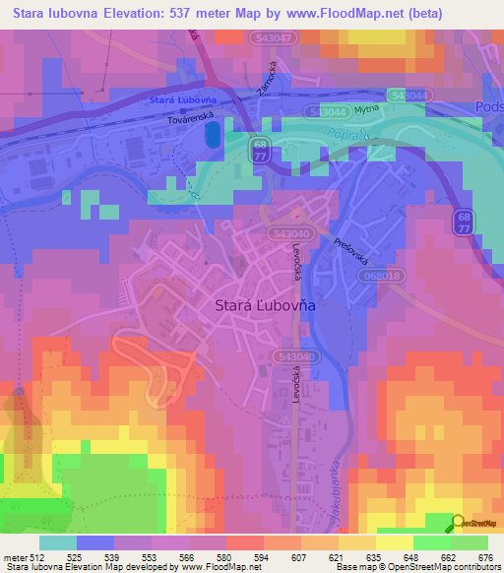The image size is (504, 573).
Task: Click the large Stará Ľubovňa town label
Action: pyautogui.click(x=265, y=306)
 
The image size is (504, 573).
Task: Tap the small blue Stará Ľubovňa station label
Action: pyautogui.click(x=182, y=100)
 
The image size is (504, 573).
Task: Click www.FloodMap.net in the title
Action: pyautogui.click(x=353, y=14)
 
